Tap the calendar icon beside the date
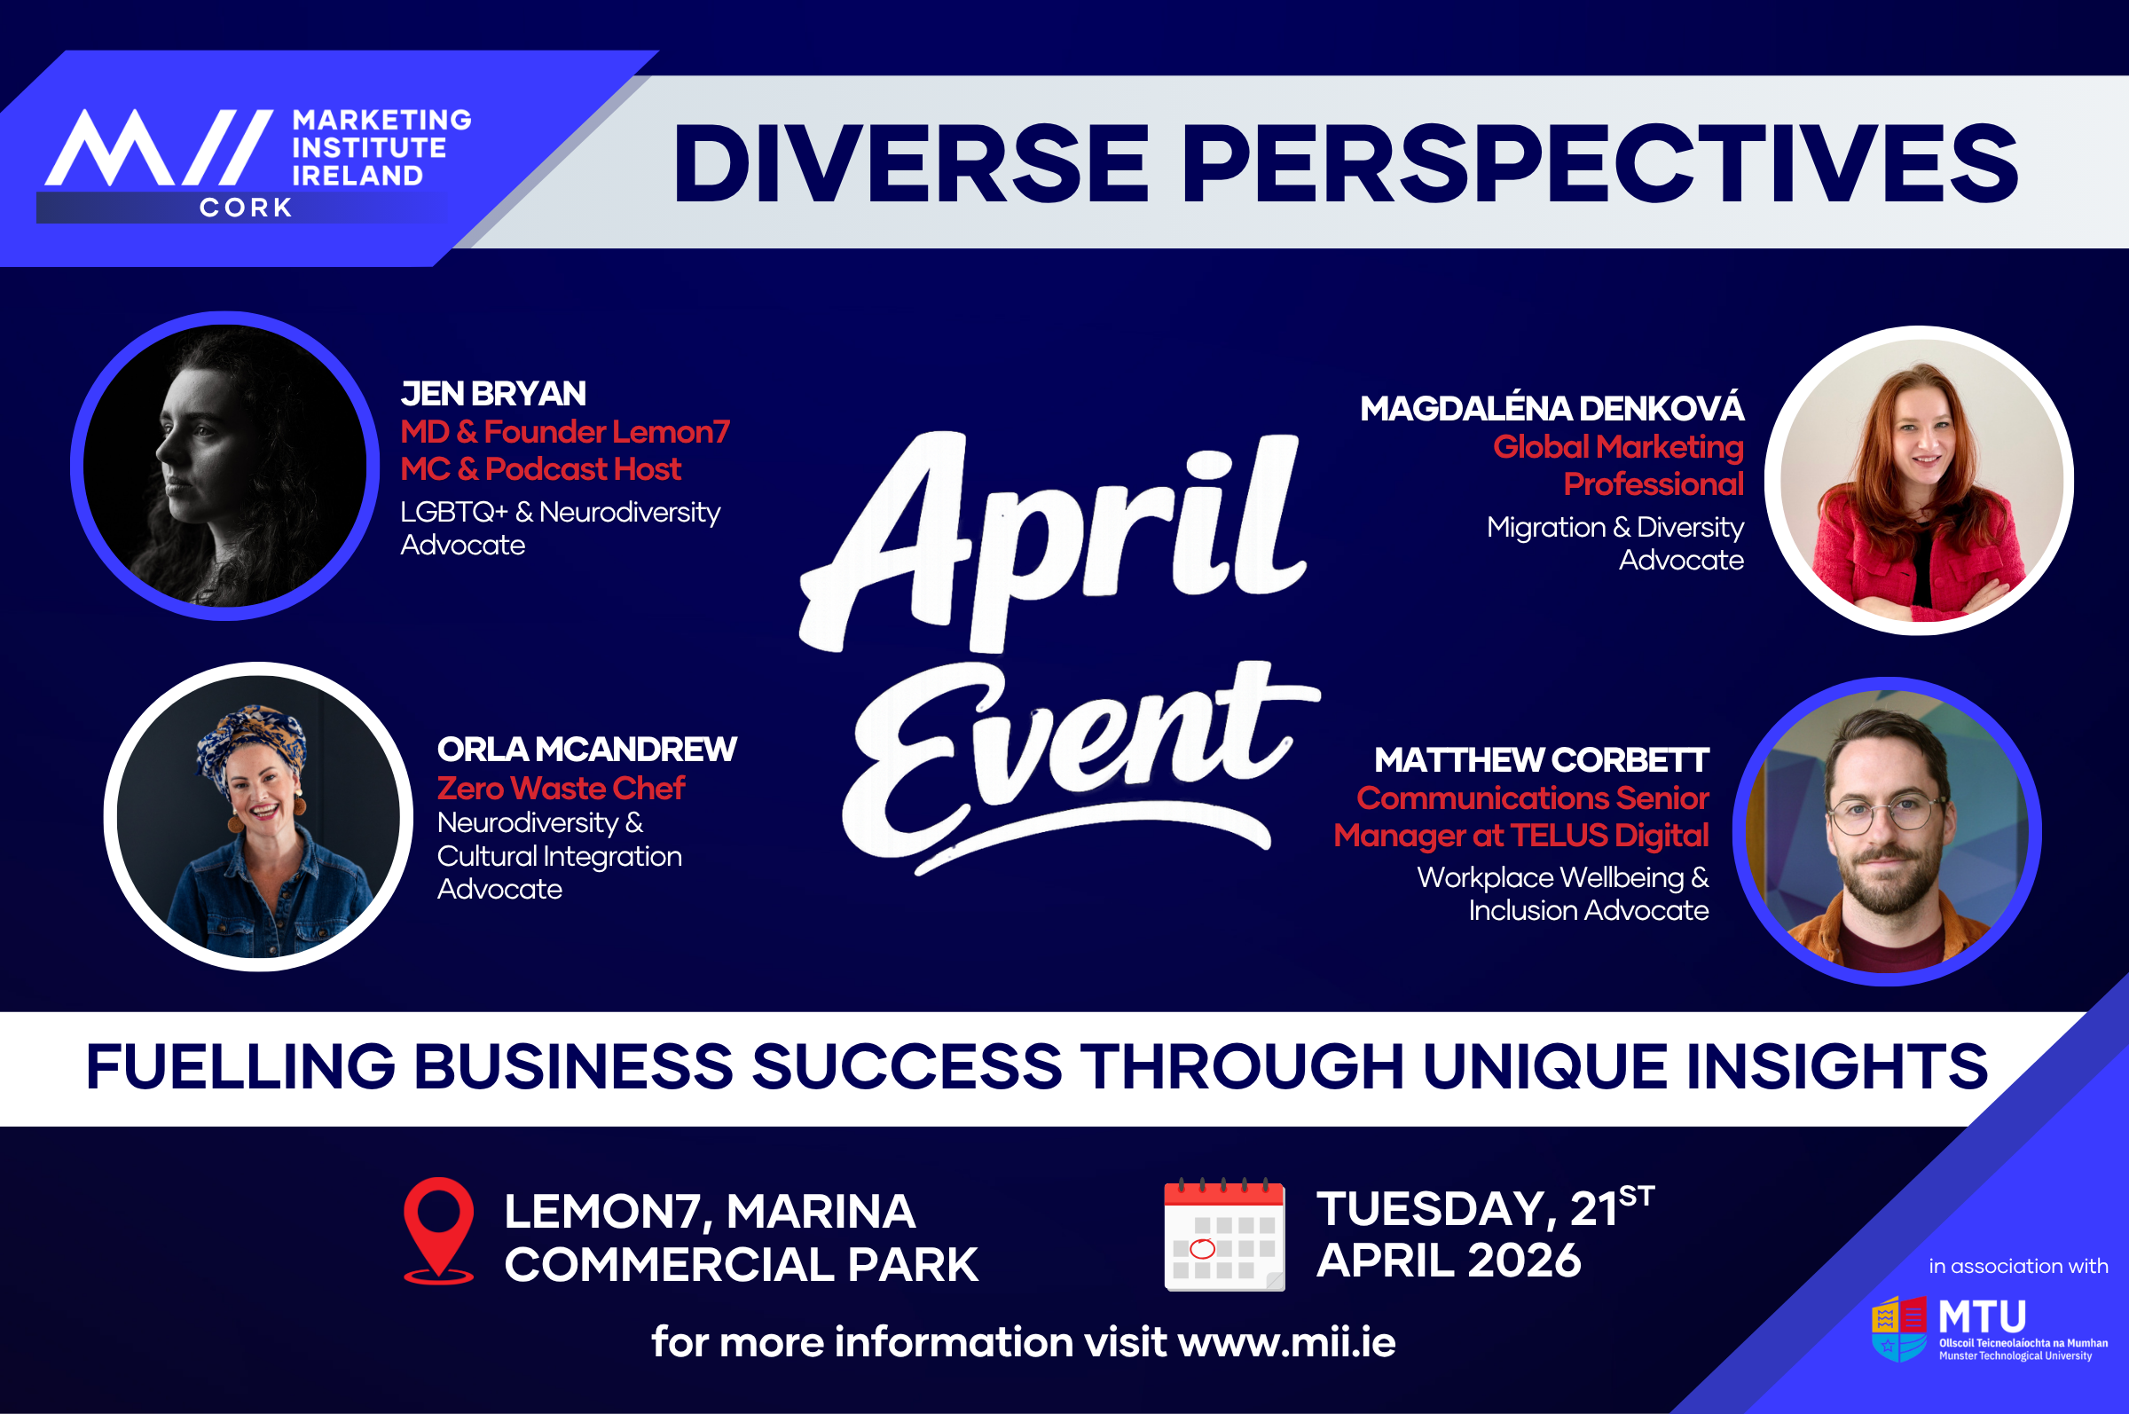pos(1224,1235)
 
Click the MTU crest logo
pos(1899,1328)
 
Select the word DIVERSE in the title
pos(911,163)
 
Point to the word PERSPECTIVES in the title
pos(1599,163)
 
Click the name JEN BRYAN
pos(493,394)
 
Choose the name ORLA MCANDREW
pos(587,750)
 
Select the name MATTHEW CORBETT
pos(1541,760)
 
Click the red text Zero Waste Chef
pos(561,788)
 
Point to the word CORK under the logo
pos(247,208)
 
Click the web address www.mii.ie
pos(1287,1342)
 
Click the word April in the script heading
pos(1053,541)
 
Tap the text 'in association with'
pos(2018,1266)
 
